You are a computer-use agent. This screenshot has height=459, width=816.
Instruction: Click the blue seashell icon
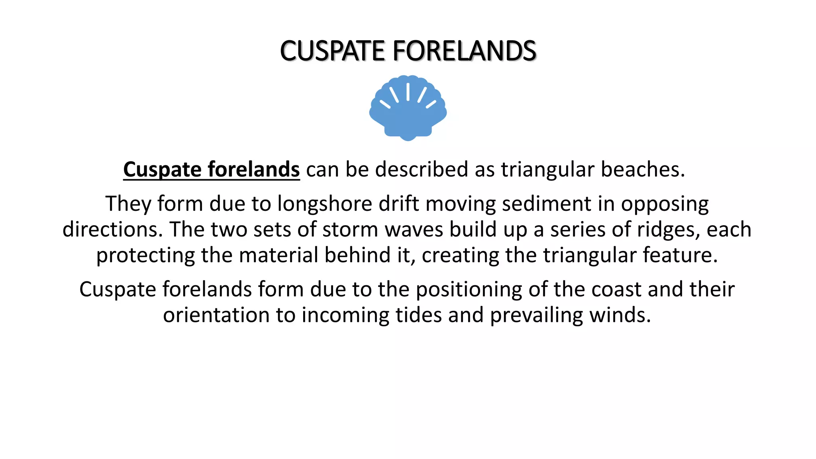click(408, 108)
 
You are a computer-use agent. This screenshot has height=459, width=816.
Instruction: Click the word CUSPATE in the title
click(333, 51)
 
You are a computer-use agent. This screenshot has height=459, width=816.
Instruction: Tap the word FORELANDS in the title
click(464, 51)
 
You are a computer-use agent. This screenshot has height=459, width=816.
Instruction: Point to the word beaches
click(642, 169)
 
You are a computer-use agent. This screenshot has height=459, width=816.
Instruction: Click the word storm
click(350, 229)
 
